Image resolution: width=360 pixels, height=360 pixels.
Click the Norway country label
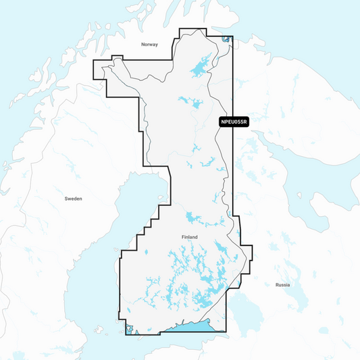point(149,45)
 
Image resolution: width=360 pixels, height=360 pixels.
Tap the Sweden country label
point(73,199)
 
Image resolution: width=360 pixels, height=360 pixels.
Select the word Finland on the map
point(190,238)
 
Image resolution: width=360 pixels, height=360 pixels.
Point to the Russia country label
point(283,285)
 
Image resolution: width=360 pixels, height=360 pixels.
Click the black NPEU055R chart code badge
point(234,122)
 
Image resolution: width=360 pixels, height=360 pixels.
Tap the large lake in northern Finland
point(197,68)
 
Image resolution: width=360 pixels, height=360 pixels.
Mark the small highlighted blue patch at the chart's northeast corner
point(226,41)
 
